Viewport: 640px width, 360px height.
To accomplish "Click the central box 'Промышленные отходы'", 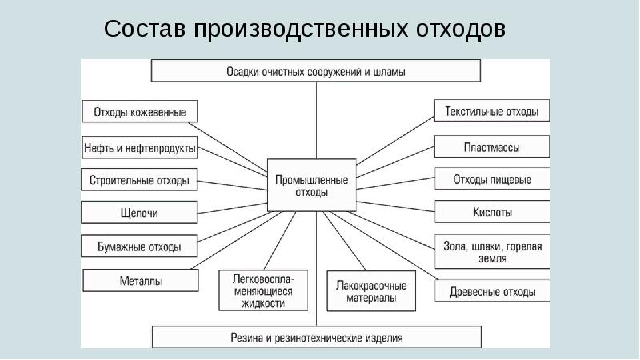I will coord(301,185).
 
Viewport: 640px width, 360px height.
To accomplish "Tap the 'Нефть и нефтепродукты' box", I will coord(140,147).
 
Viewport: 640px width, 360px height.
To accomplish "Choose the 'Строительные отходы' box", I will coord(140,181).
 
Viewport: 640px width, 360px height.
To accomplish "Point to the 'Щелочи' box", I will coord(140,213).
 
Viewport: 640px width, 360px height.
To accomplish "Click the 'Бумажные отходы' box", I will coord(140,246).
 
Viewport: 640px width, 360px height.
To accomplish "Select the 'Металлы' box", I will coord(140,281).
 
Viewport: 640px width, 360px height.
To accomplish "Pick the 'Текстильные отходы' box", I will coord(492,111).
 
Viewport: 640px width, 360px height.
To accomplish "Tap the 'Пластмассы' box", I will coord(492,147).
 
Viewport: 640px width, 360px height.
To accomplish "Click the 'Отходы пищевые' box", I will coord(492,179).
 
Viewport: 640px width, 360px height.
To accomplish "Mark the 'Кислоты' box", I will coord(492,213).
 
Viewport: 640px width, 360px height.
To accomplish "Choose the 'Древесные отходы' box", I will coord(492,291).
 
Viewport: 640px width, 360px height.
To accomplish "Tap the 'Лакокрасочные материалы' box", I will coord(371,291).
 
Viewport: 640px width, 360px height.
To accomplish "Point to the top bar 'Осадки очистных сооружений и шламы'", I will coord(316,71).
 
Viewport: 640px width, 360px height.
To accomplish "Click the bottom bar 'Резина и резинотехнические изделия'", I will coord(316,337).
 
